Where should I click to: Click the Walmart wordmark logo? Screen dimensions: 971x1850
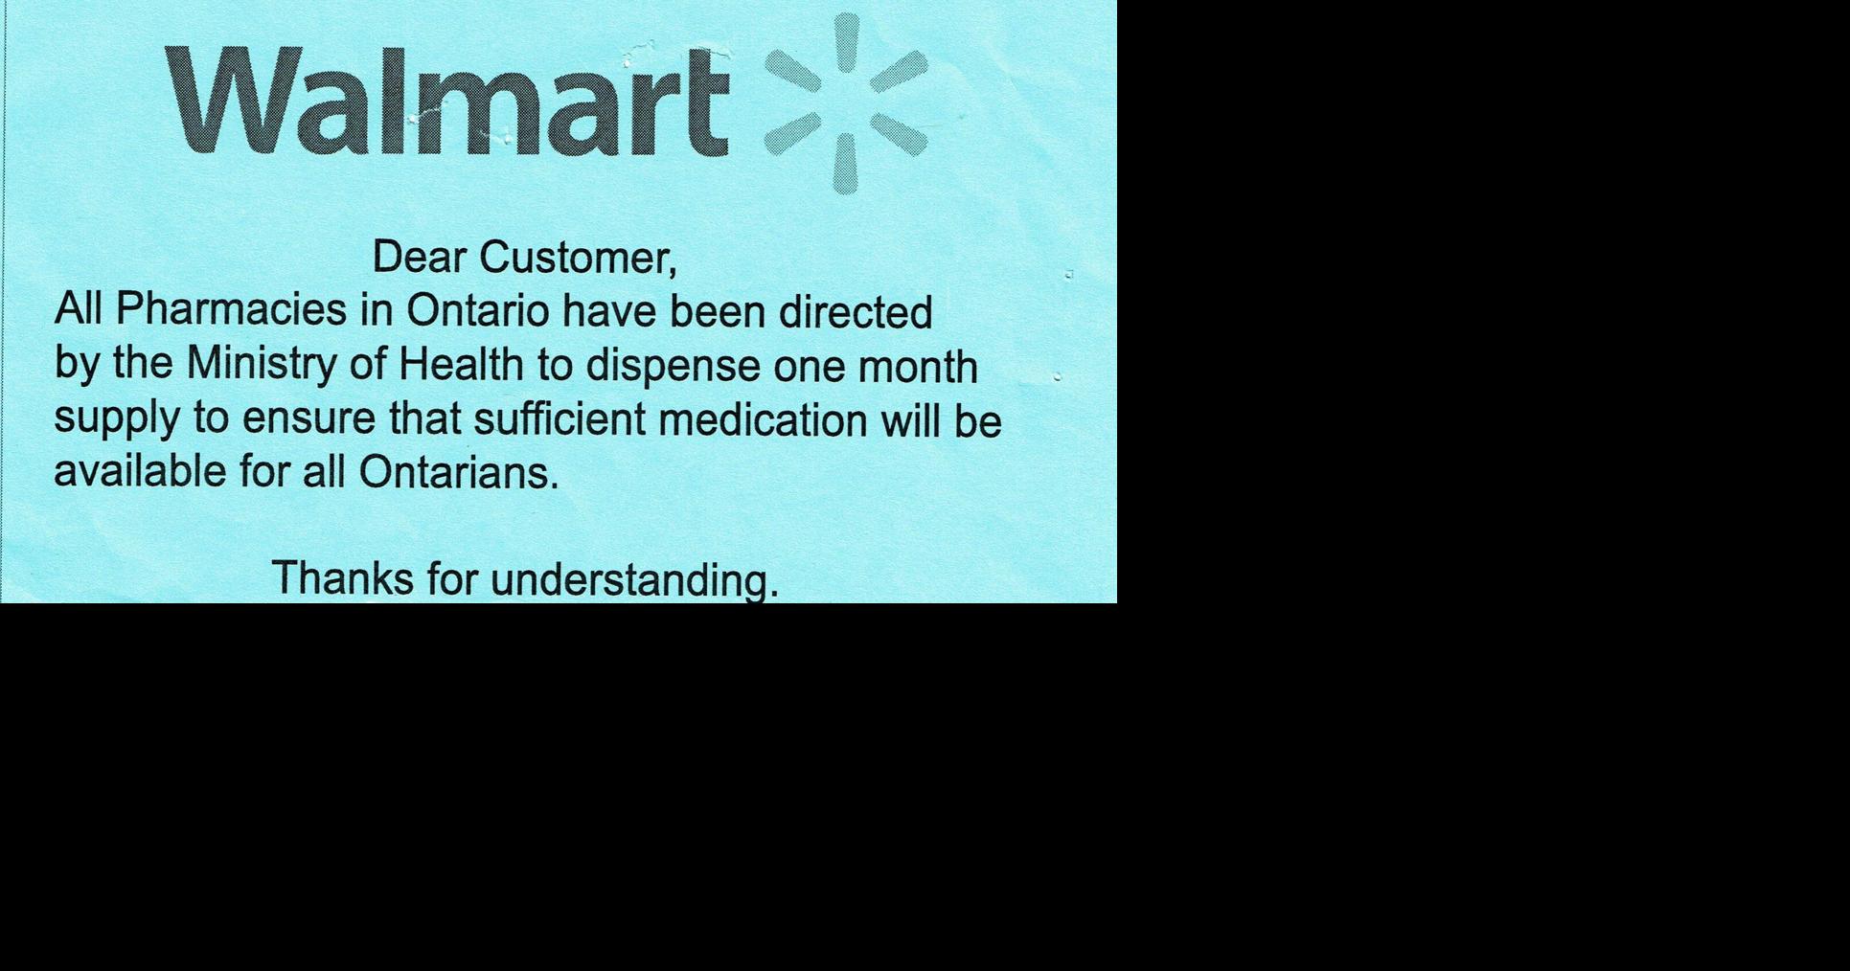pyautogui.click(x=447, y=102)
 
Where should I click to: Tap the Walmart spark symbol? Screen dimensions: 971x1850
pyautogui.click(x=845, y=103)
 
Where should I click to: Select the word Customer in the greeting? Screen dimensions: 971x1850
pyautogui.click(x=578, y=258)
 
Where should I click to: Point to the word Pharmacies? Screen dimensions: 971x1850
pyautogui.click(x=231, y=309)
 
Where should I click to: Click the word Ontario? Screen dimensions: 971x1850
pyautogui.click(x=478, y=310)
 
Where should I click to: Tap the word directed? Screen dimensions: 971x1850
pyautogui.click(x=855, y=311)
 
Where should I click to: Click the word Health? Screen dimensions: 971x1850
pyautogui.click(x=461, y=365)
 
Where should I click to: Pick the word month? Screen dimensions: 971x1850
pyautogui.click(x=917, y=367)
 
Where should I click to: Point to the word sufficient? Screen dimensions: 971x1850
pyautogui.click(x=560, y=419)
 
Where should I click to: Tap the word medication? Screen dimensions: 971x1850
pyautogui.click(x=763, y=420)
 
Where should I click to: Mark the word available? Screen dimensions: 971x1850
pyautogui.click(x=140, y=471)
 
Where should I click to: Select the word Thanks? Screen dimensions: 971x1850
pyautogui.click(x=343, y=578)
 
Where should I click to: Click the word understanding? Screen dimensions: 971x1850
pyautogui.click(x=633, y=581)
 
